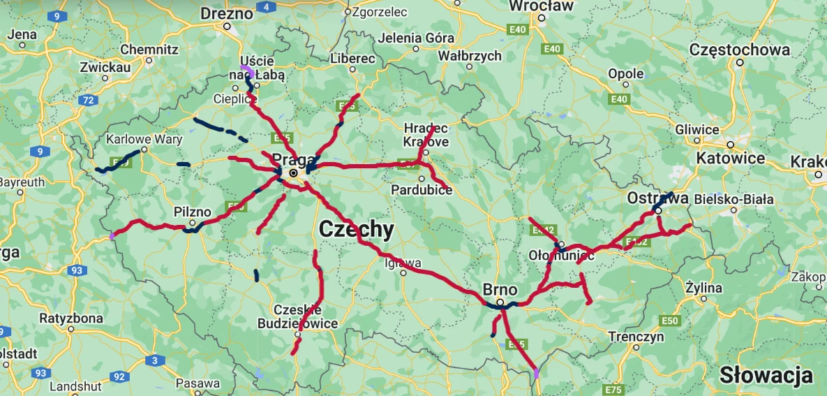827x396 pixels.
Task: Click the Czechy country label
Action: pyautogui.click(x=356, y=229)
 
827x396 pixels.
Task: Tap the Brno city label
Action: pyautogui.click(x=500, y=290)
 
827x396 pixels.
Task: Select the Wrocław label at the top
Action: pyautogui.click(x=541, y=6)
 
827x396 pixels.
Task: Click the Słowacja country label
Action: pyautogui.click(x=766, y=375)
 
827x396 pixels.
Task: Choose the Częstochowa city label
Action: pyautogui.click(x=739, y=50)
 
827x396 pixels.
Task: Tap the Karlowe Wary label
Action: pyautogui.click(x=144, y=139)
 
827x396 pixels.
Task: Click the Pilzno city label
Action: pyautogui.click(x=192, y=212)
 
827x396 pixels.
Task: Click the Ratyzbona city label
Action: pyautogui.click(x=71, y=318)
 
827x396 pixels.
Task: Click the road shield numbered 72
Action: pyautogui.click(x=88, y=101)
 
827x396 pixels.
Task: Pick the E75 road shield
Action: pyautogui.click(x=614, y=389)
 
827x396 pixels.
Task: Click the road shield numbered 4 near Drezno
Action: pyautogui.click(x=266, y=7)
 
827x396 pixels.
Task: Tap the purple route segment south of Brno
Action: pyautogui.click(x=536, y=373)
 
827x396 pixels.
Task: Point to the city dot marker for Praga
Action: pyautogui.click(x=294, y=172)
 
